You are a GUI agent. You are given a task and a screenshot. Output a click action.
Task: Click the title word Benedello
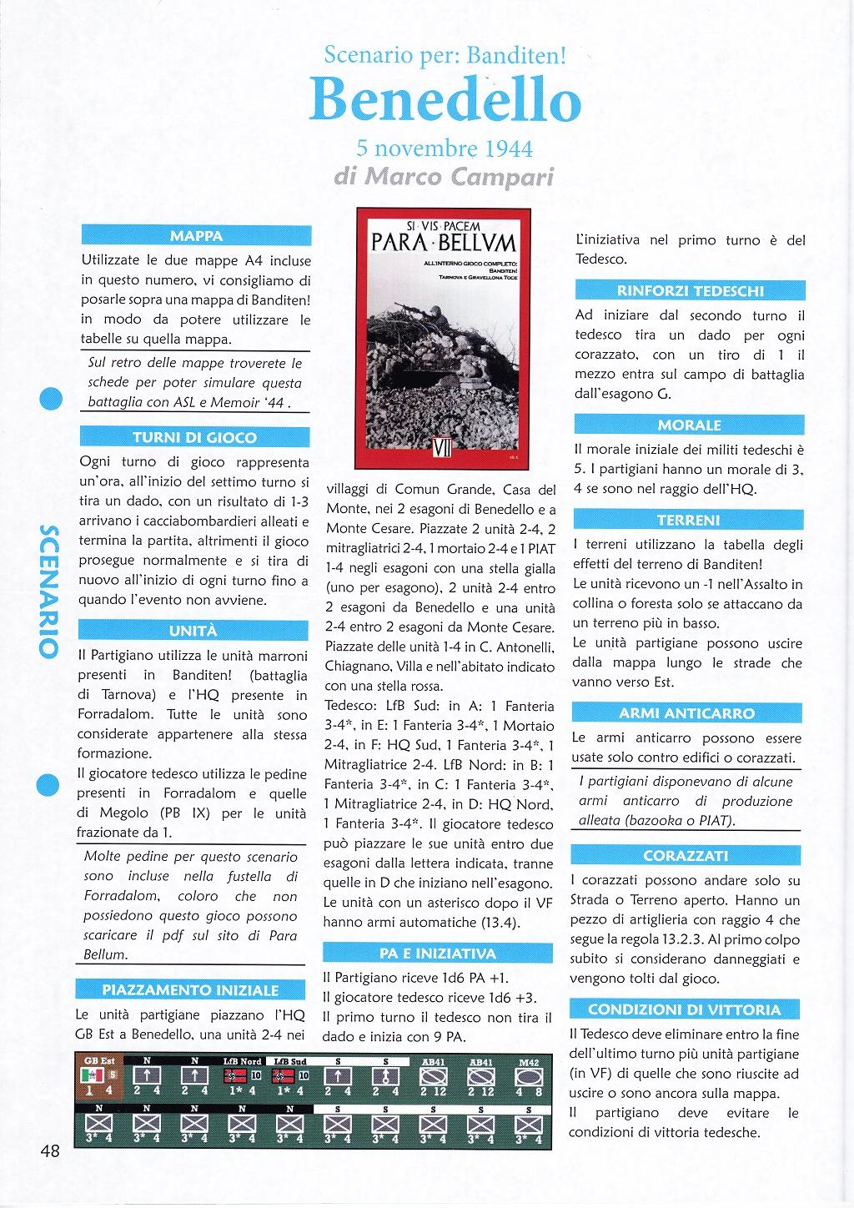[445, 101]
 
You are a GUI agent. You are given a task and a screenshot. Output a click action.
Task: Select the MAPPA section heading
[196, 236]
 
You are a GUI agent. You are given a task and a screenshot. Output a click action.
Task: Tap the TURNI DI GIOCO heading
[195, 437]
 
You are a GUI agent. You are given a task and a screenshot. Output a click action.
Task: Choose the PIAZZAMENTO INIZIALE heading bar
[190, 990]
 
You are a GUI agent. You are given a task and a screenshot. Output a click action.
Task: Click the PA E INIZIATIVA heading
[438, 953]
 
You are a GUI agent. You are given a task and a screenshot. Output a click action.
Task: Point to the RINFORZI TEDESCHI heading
[690, 291]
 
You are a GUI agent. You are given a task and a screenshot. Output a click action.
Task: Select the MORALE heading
[689, 425]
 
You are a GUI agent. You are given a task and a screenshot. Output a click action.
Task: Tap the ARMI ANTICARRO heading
[687, 713]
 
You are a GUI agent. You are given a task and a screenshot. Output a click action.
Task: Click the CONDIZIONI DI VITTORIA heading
[688, 1009]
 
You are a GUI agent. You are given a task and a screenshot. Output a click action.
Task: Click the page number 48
[49, 1151]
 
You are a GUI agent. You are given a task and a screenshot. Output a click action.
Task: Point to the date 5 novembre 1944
[445, 148]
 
